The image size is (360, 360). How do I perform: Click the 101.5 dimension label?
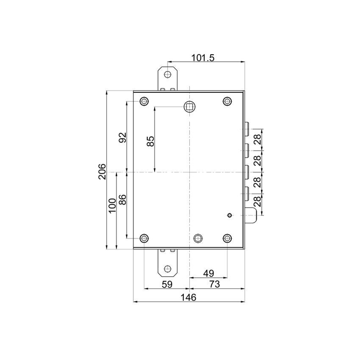coord(203,58)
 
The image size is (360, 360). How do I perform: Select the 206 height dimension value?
coord(102,172)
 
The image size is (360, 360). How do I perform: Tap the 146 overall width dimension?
coord(188,298)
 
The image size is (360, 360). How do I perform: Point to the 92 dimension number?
coord(123,138)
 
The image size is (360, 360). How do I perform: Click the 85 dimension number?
coord(150,141)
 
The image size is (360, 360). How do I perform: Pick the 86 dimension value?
coord(123,200)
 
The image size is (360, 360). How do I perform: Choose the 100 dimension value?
coord(113,206)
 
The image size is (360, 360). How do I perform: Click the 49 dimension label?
coord(209,273)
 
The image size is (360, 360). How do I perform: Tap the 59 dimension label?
coord(167,285)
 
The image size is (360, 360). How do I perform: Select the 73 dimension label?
coord(215,284)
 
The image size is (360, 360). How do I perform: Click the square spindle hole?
coord(189,107)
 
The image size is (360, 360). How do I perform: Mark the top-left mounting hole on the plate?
coord(144,101)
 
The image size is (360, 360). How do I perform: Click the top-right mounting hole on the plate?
coord(227,101)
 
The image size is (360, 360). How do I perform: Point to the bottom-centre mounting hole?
coord(198,238)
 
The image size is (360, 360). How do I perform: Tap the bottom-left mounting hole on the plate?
coord(144,238)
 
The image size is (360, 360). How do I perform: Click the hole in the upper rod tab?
coord(168,75)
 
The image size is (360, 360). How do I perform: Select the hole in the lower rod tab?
coord(168,269)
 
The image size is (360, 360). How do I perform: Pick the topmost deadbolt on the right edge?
coord(247,129)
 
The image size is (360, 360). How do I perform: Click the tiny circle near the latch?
coord(230,215)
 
